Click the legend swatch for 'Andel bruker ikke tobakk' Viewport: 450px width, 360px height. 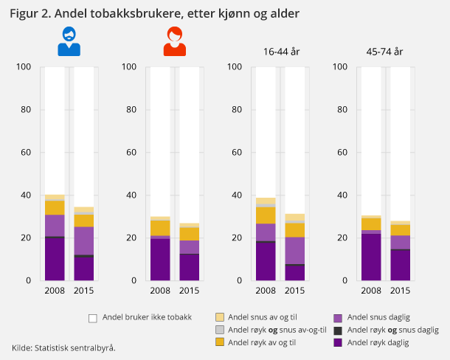(93, 318)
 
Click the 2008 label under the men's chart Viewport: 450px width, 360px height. (54, 290)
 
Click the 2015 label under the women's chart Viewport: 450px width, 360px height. (189, 290)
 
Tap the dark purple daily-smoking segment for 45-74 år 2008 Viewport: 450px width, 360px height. (370, 257)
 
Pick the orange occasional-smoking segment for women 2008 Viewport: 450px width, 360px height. (159, 228)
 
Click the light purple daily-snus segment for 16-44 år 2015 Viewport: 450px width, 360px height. (294, 250)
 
